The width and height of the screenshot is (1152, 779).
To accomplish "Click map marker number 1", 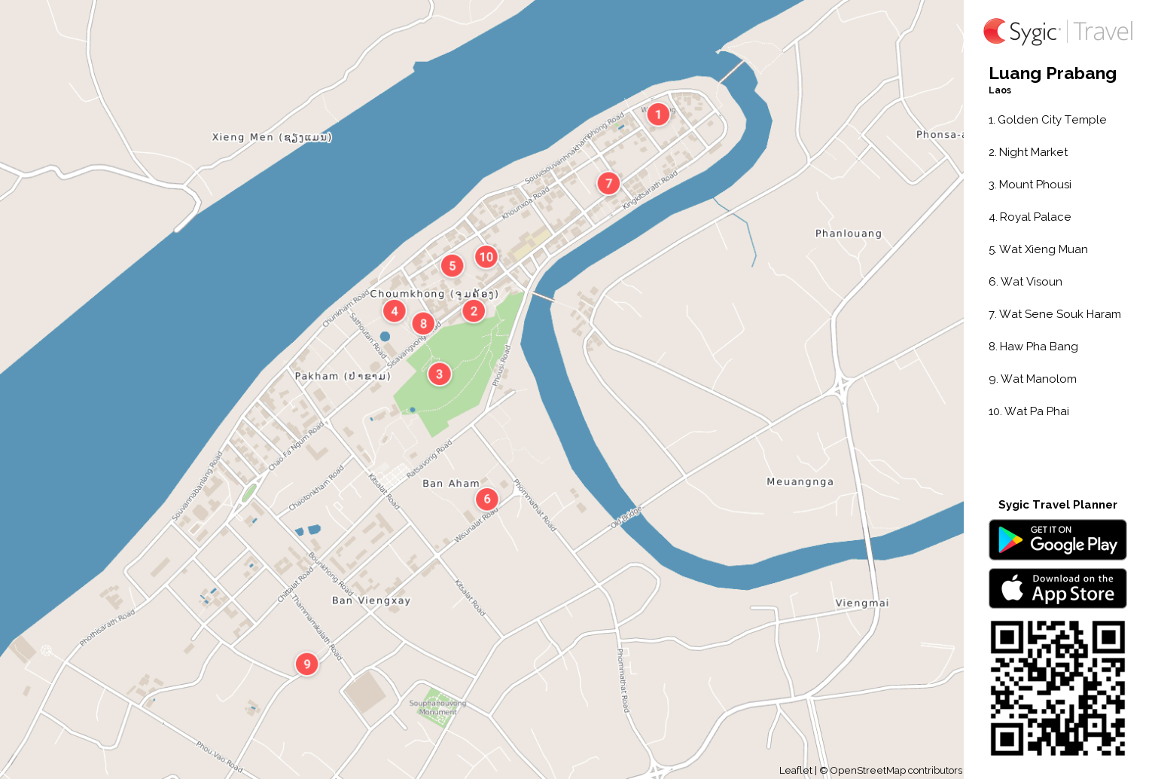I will [x=658, y=115].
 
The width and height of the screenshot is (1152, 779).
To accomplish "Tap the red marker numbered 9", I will [x=306, y=664].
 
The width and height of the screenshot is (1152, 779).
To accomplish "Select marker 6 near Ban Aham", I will [x=487, y=499].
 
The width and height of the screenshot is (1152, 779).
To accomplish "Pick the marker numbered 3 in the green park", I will [x=440, y=374].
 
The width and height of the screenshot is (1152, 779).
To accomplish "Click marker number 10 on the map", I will [x=486, y=257].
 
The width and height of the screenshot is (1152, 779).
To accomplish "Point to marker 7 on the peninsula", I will [x=608, y=183].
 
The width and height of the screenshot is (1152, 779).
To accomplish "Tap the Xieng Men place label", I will [x=271, y=137].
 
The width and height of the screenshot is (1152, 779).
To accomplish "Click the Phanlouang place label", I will [x=848, y=234].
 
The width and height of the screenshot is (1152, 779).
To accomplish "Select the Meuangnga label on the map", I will [x=800, y=482].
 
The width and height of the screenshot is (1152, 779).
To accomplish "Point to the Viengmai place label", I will [x=861, y=603].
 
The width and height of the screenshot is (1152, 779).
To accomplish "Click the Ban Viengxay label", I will [x=371, y=600].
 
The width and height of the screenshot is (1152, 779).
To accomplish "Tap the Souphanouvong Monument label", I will [x=437, y=707].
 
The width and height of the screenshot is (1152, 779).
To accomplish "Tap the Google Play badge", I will [x=1057, y=539].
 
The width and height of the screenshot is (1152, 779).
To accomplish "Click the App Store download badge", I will [x=1057, y=588].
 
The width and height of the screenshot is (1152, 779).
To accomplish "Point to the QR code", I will [x=1057, y=688].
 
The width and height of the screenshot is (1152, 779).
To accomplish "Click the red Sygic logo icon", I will [x=995, y=31].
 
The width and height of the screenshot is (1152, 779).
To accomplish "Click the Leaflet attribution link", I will [x=795, y=770].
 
